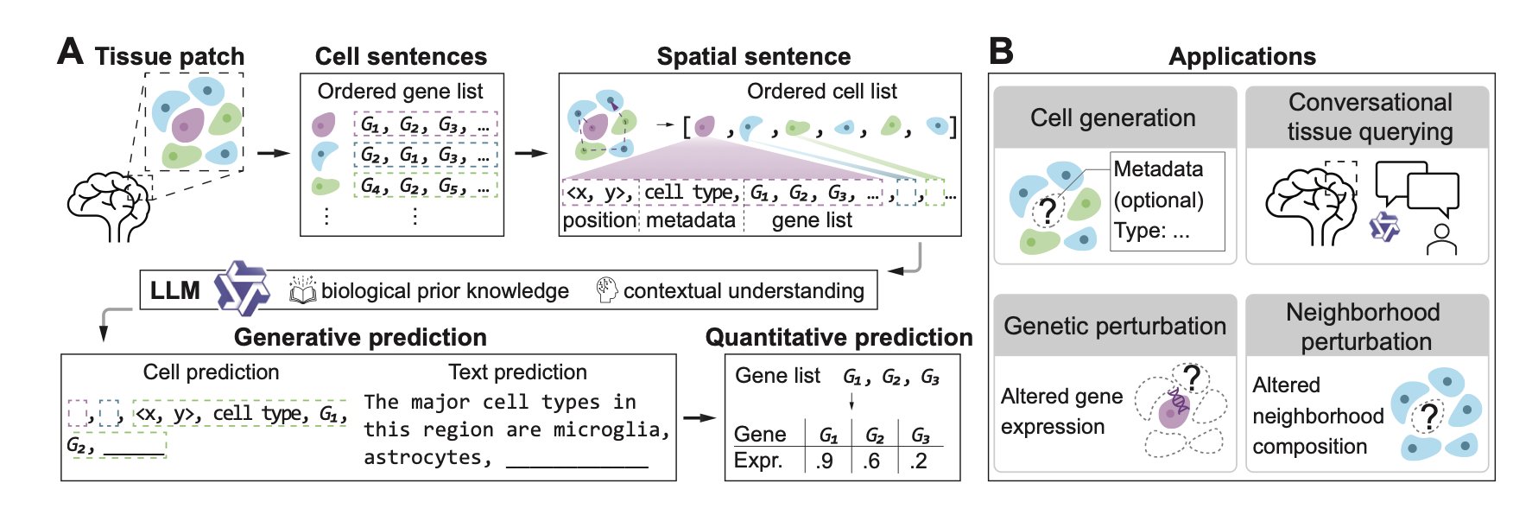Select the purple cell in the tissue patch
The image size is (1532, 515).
tap(187, 125)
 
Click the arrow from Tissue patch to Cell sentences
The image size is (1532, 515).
tap(274, 154)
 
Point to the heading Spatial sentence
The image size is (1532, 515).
tap(753, 57)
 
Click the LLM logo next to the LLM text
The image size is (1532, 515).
tap(241, 289)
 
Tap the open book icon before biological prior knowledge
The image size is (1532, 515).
tap(302, 290)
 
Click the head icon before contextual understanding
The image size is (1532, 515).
tap(607, 290)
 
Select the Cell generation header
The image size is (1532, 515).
tap(1113, 118)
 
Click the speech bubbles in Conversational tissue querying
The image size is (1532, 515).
tap(1416, 188)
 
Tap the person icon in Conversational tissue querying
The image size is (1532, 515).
tap(1441, 239)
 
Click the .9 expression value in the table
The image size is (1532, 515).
tap(825, 461)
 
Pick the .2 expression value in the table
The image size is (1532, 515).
tap(918, 461)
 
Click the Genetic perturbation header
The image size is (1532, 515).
tap(1114, 326)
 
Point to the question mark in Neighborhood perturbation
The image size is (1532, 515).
tap(1428, 416)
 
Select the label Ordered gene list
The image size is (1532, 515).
tap(400, 92)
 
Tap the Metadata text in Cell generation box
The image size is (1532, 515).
tap(1157, 168)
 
